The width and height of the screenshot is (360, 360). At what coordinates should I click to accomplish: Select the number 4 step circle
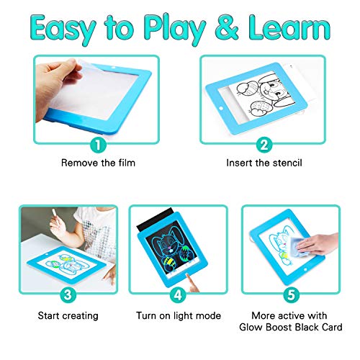[177, 294]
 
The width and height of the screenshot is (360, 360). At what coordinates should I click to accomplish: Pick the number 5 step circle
[291, 294]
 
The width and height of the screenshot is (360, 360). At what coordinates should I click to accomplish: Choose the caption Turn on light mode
[177, 315]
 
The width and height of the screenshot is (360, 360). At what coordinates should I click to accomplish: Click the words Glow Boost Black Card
[291, 328]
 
